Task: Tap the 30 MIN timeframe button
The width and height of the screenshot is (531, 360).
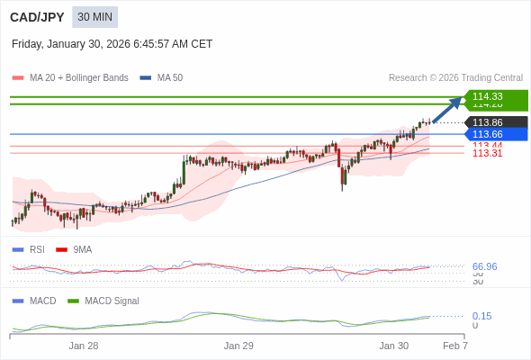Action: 94,17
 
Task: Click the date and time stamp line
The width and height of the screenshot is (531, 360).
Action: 112,43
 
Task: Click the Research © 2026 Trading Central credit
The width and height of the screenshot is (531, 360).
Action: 455,78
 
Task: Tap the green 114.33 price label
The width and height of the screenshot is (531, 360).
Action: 493,96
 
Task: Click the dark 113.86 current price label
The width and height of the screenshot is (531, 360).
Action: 493,122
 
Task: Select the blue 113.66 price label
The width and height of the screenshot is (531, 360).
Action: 493,134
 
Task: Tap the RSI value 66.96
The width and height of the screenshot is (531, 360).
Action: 484,266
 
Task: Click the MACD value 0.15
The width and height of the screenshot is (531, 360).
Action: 481,316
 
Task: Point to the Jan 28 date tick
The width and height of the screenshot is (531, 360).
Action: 84,346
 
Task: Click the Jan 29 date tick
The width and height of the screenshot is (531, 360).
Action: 238,346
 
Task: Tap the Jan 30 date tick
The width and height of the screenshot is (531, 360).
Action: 393,346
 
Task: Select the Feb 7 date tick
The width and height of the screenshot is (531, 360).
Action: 455,346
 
